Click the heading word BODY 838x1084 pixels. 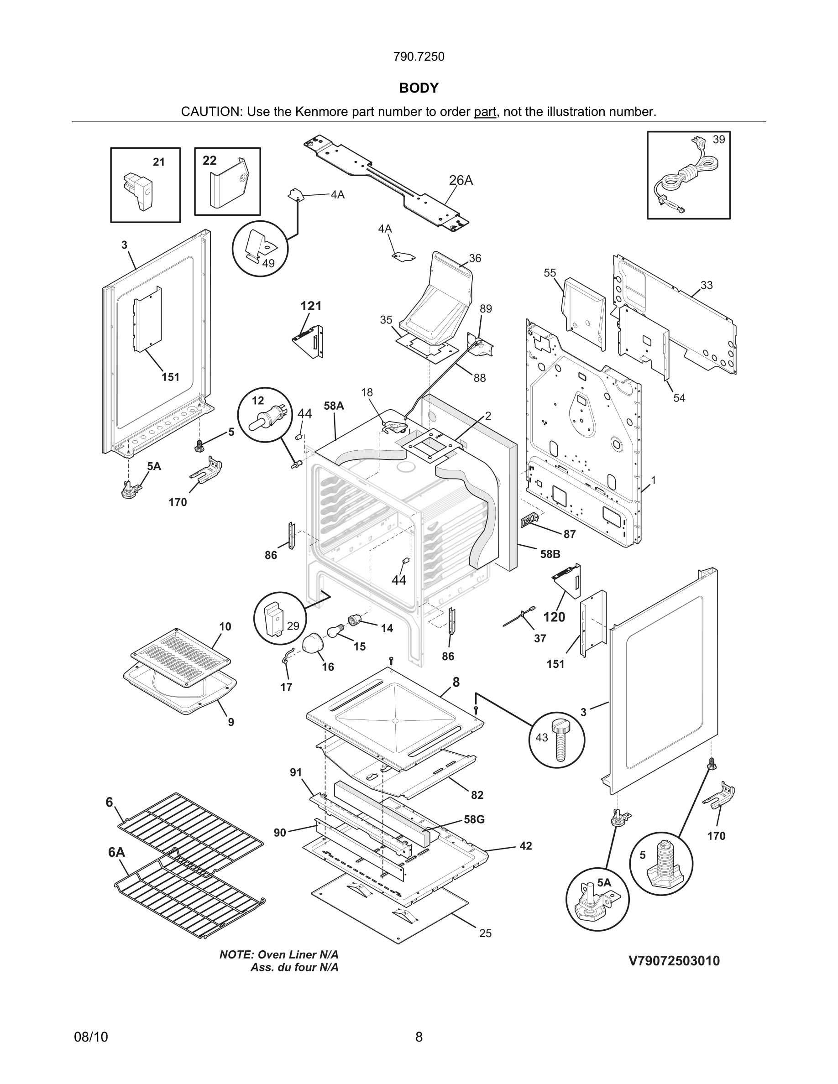pos(419,88)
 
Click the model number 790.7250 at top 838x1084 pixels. pos(419,57)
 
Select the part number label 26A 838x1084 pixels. pos(461,181)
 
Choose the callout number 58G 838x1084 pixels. pos(474,819)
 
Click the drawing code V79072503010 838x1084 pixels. pos(674,961)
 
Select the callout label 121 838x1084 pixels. pos(311,306)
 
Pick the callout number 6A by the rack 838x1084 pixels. pos(117,852)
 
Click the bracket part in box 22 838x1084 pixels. pos(228,182)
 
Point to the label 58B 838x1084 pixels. pos(550,554)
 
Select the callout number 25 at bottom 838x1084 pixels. pos(485,933)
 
